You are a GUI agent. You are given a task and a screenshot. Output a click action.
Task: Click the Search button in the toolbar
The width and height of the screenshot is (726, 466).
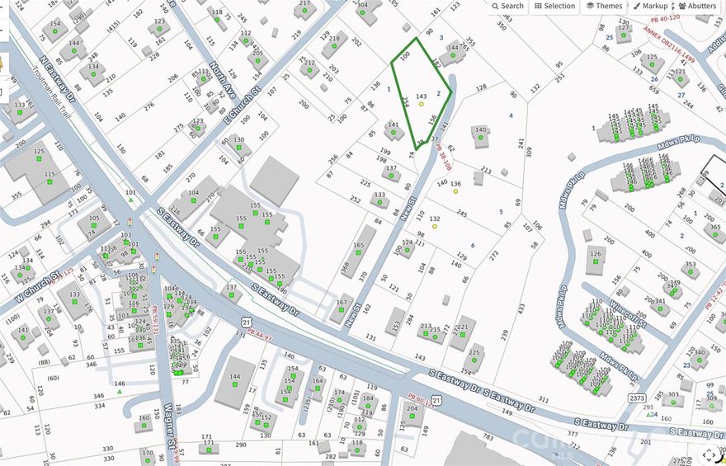(507, 6)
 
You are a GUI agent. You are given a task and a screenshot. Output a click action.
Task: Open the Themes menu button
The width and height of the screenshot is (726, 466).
(604, 6)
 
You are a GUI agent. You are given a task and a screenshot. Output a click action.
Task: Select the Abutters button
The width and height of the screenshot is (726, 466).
(697, 6)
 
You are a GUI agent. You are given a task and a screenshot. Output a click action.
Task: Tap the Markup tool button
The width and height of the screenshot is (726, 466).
(650, 6)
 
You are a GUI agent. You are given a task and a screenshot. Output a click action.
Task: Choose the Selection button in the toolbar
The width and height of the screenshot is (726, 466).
(554, 6)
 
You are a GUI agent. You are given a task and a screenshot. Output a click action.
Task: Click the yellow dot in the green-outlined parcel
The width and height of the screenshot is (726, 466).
(422, 105)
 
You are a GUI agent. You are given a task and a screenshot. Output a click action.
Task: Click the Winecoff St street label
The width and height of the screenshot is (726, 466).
(631, 312)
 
